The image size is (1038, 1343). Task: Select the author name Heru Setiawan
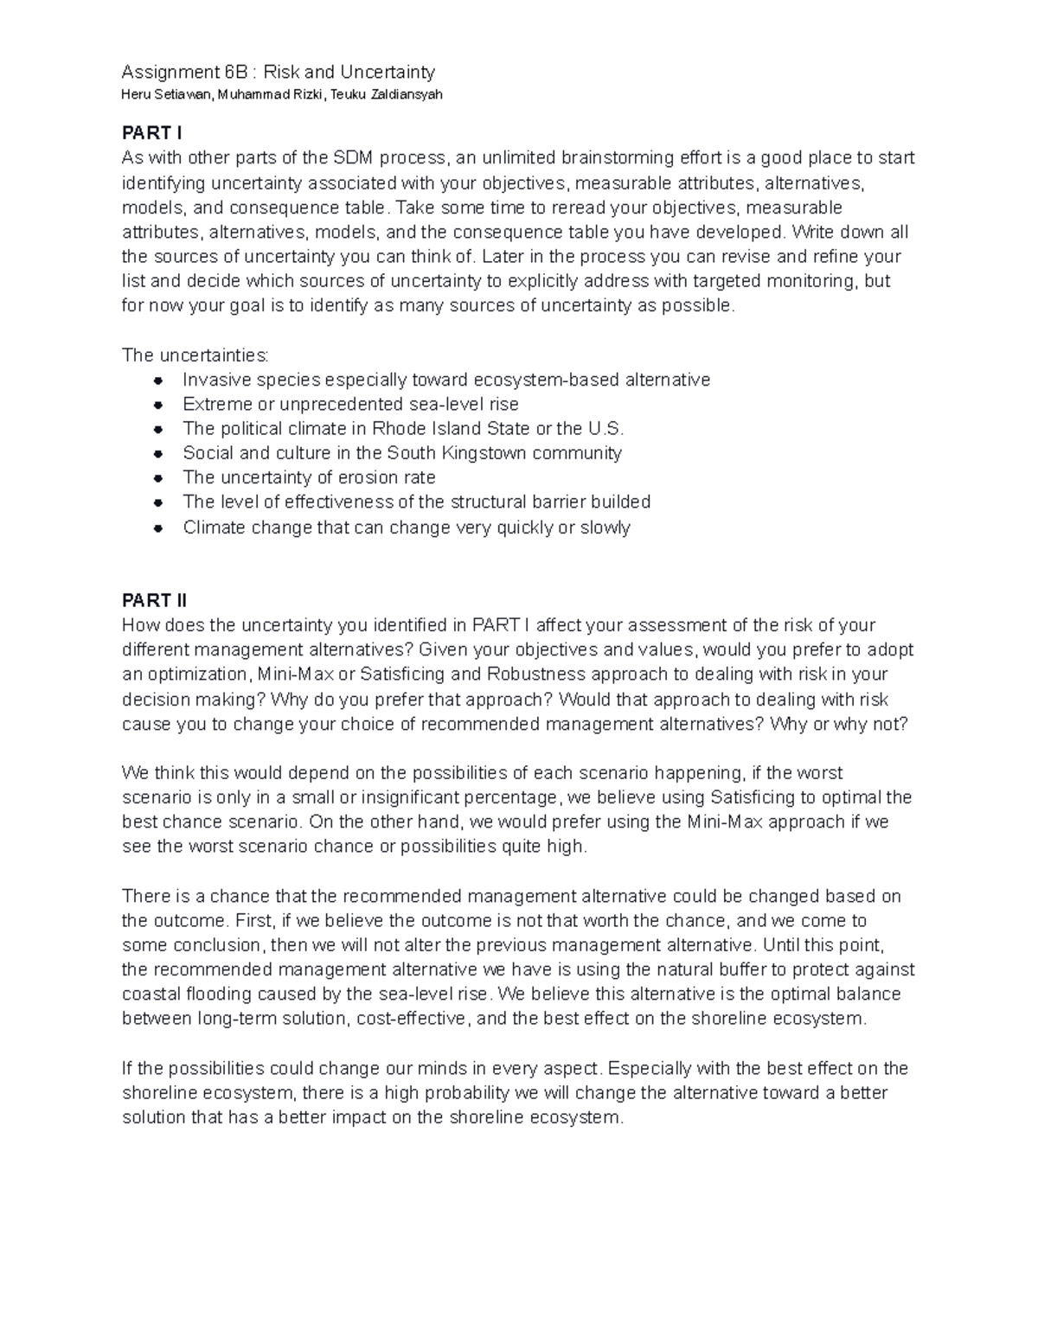tap(166, 95)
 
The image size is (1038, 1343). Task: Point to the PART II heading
tap(154, 600)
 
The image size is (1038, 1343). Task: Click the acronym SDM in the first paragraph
tap(352, 157)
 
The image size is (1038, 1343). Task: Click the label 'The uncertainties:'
tap(195, 355)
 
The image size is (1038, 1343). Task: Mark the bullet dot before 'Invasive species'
tap(158, 381)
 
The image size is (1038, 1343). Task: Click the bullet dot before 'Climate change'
tap(158, 528)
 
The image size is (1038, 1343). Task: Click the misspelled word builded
tap(619, 502)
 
